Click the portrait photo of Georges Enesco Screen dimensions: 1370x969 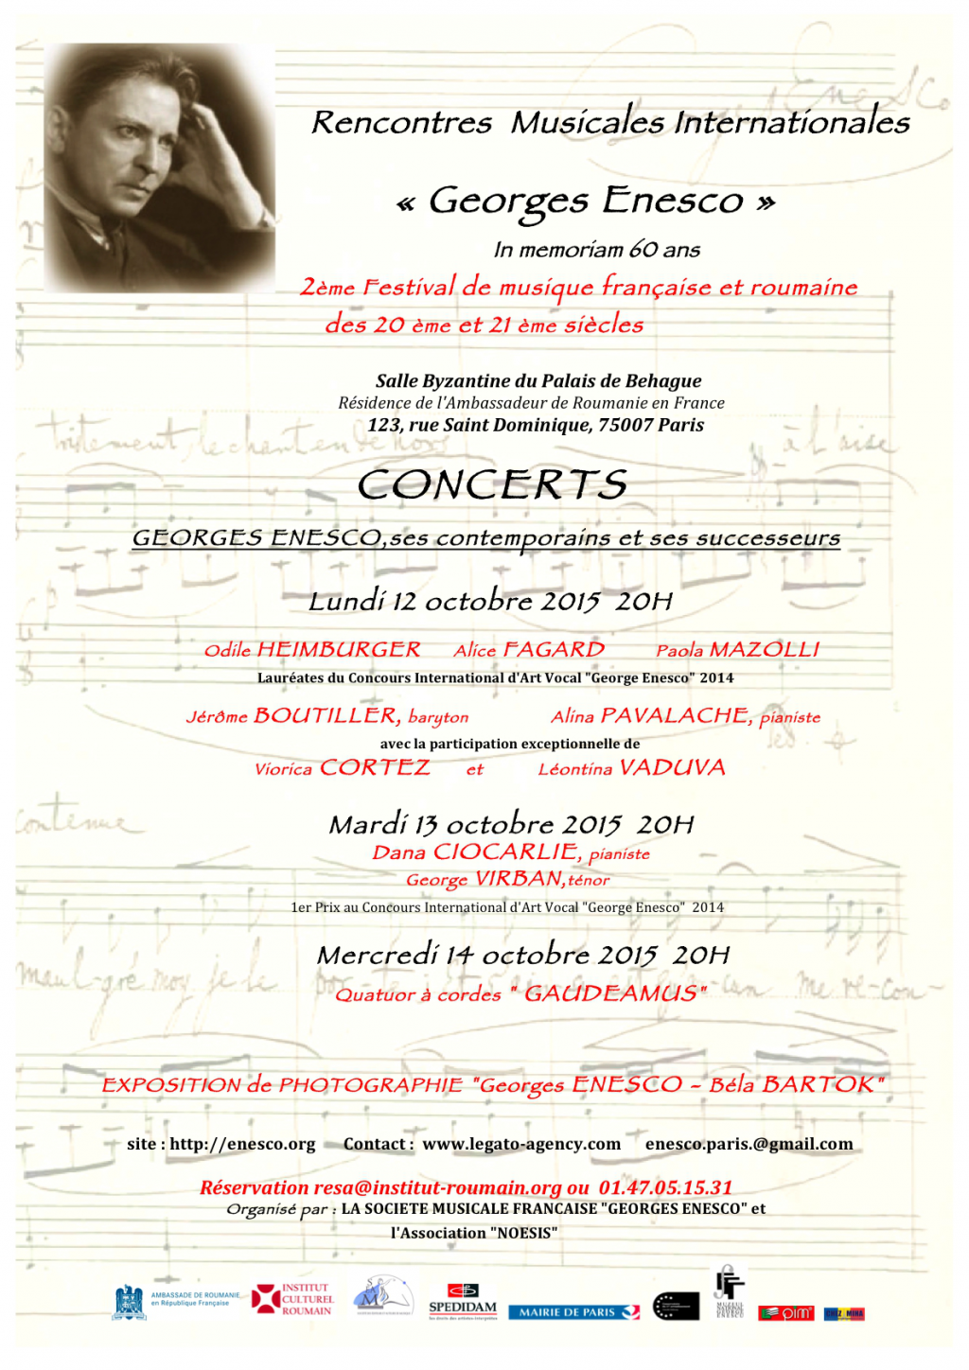coord(159,167)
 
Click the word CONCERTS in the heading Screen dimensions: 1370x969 coord(492,485)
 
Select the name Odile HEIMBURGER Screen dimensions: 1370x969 coord(312,650)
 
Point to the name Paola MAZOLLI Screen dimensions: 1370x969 coord(737,650)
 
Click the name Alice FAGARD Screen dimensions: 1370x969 coord(528,650)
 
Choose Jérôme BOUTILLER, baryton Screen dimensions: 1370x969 coord(327,716)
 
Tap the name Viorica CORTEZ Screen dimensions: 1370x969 coord(342,768)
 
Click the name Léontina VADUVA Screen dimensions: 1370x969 coord(631,768)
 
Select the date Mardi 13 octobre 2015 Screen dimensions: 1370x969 coord(475,824)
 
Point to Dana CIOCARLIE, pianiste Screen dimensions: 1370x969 coord(511,852)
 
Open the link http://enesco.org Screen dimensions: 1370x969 coord(242,1144)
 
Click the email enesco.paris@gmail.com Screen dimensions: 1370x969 coord(749,1144)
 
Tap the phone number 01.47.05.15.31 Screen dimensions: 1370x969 coord(665,1187)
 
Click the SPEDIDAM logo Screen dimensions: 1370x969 coord(463,1301)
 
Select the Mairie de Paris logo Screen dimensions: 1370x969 coord(573,1312)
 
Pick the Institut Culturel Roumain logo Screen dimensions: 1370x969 coord(292,1299)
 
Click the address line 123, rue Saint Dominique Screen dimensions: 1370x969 coord(536,425)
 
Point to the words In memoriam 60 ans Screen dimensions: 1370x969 coord(596,250)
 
